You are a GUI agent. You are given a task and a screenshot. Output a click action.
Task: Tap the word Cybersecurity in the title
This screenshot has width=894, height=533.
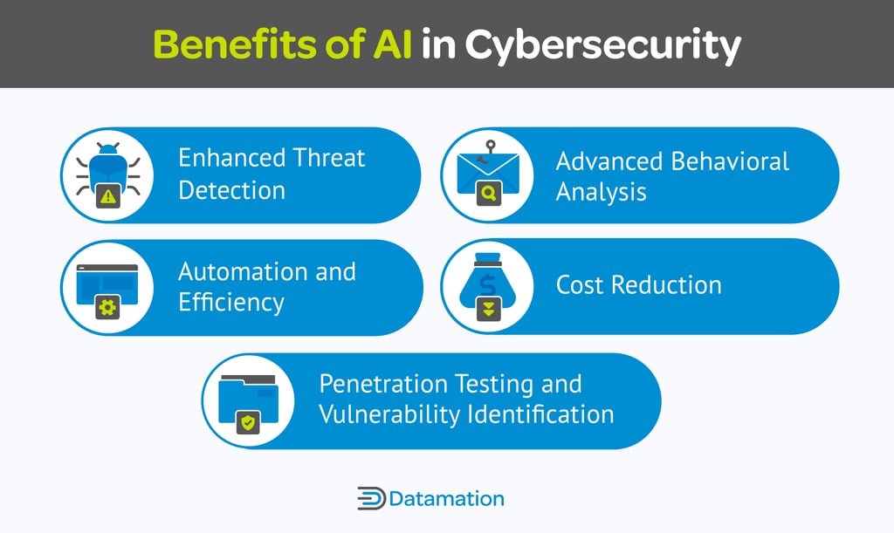[x=602, y=45]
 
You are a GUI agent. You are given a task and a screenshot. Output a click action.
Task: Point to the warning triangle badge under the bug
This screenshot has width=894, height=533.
[x=107, y=197]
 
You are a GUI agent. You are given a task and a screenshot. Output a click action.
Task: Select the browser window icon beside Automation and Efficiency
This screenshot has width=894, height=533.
[x=107, y=281]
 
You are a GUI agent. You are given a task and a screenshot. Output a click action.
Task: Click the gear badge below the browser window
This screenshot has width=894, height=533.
[x=107, y=308]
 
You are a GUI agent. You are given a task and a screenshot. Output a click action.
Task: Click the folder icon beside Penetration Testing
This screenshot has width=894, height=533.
[x=248, y=396]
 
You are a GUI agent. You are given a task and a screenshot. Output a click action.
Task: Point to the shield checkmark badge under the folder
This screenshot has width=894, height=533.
[x=249, y=423]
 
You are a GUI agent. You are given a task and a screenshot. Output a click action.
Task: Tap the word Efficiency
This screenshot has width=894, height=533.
[x=231, y=303]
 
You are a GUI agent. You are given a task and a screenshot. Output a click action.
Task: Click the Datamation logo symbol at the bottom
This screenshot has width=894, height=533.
[x=371, y=499]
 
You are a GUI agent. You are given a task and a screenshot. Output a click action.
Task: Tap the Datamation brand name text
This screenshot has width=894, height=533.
[x=446, y=499]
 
